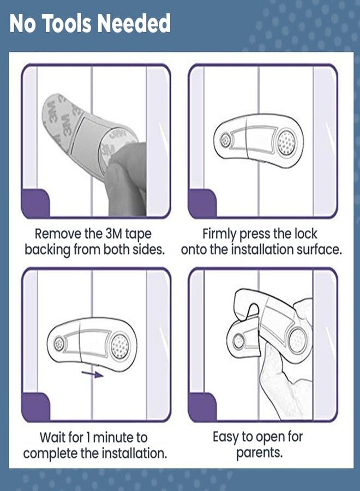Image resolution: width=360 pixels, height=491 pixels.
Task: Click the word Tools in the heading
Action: click(x=66, y=23)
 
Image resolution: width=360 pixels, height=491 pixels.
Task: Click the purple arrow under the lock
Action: click(x=92, y=374)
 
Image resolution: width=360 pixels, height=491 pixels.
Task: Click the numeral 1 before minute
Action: click(x=88, y=438)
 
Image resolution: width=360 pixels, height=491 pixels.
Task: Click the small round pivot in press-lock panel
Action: click(x=225, y=139)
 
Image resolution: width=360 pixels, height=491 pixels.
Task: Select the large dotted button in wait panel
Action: click(x=120, y=346)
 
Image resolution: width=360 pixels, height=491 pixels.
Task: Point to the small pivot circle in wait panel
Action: click(x=58, y=343)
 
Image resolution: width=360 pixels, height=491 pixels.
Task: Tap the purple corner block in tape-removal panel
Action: click(x=35, y=202)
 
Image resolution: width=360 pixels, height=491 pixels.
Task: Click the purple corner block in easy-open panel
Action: click(x=202, y=406)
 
